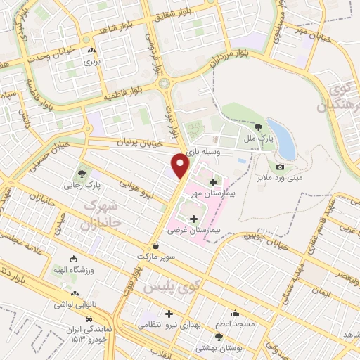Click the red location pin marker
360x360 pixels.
tap(180, 166)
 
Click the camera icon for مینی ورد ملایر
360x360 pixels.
tap(280, 167)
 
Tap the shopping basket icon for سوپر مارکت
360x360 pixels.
tap(155, 245)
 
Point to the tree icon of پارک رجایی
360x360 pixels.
tap(82, 172)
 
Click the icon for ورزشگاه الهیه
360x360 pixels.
tap(75, 258)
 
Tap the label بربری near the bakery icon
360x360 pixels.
tap(93, 62)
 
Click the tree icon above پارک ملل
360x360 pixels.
tap(259, 127)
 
